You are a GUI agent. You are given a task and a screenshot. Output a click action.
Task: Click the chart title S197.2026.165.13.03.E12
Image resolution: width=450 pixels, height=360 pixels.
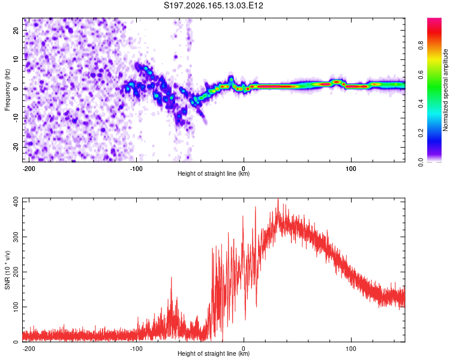(213, 5)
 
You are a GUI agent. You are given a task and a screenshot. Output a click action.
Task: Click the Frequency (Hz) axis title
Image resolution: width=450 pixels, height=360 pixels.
(7, 90)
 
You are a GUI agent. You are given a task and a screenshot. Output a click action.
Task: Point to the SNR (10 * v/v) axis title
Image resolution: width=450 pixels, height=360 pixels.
(7, 270)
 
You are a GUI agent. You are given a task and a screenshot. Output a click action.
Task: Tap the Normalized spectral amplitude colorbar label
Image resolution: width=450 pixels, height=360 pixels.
(445, 90)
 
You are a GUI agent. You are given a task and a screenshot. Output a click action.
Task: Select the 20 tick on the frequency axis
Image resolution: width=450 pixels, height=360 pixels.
(16, 31)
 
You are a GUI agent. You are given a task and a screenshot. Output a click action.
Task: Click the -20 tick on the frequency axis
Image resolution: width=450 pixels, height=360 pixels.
(16, 148)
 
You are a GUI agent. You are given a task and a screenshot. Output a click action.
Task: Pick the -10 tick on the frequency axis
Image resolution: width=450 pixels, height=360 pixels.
(16, 118)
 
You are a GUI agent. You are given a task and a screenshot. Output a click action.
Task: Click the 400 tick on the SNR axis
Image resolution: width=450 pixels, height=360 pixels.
(16, 202)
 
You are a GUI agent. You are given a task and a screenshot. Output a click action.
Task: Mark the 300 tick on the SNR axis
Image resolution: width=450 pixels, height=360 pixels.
(16, 237)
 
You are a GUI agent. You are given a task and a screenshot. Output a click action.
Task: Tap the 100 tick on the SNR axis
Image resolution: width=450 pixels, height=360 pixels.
(16, 307)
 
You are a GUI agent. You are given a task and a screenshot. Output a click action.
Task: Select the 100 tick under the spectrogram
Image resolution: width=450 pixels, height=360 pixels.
(351, 169)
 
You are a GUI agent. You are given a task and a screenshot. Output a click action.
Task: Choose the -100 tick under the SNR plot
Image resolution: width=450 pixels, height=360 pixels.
(136, 349)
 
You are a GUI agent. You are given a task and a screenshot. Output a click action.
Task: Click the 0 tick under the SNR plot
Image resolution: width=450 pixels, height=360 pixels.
(244, 349)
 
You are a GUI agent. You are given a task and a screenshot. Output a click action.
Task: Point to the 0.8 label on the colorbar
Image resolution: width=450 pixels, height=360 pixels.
(421, 46)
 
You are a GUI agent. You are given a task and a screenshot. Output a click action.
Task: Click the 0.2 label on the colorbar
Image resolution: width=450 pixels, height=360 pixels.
(421, 133)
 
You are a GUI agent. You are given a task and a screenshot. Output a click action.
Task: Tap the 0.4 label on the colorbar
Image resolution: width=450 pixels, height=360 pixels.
(421, 104)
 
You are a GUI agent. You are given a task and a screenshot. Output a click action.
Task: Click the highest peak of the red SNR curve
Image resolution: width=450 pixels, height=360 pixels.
(278, 199)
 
